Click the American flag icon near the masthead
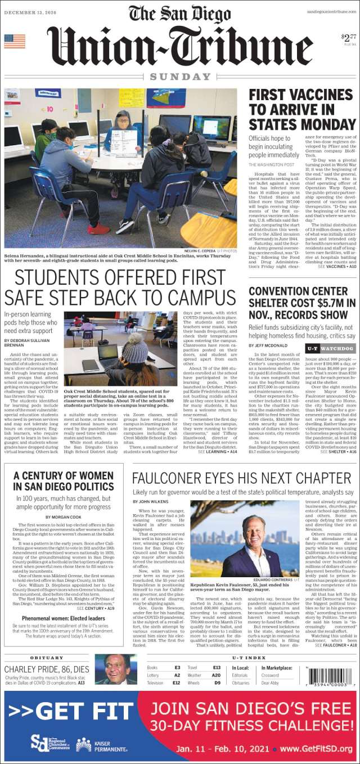[15, 41]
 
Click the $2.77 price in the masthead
[348, 38]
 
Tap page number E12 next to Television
[176, 682]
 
